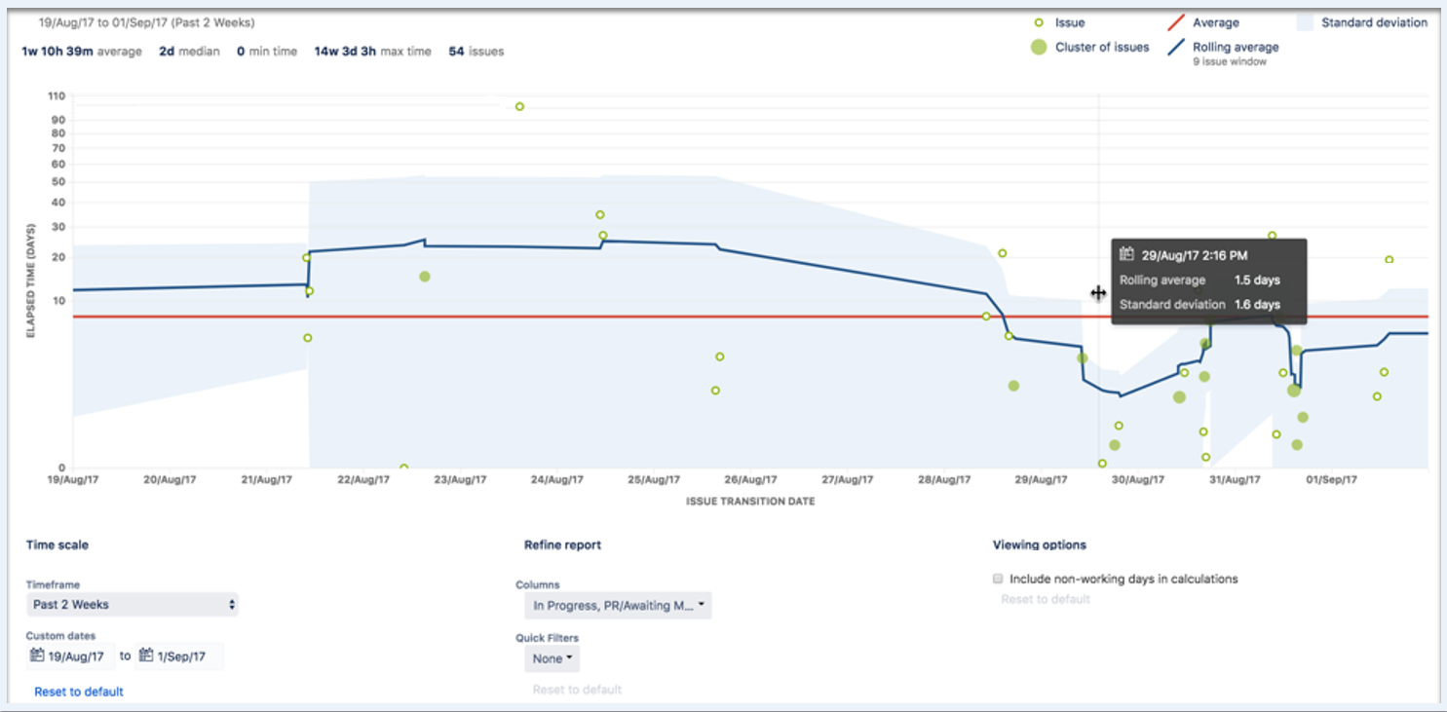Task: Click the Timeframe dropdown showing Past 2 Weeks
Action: coord(132,605)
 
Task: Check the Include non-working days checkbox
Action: coord(998,579)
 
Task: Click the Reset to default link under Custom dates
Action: coord(79,692)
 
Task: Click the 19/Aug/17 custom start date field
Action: coord(70,656)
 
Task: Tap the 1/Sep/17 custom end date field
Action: coord(179,656)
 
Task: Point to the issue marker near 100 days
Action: coord(519,106)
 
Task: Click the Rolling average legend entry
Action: coord(1235,47)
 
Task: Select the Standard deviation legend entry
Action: coord(1373,22)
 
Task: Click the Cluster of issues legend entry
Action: coord(1101,47)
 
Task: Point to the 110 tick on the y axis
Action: coord(56,95)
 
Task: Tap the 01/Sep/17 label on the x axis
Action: coord(1331,479)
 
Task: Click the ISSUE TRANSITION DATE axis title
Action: coord(750,502)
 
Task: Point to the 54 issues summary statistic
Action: coord(476,52)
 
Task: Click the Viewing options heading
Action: coord(1039,544)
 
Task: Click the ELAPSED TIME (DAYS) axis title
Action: coord(31,280)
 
